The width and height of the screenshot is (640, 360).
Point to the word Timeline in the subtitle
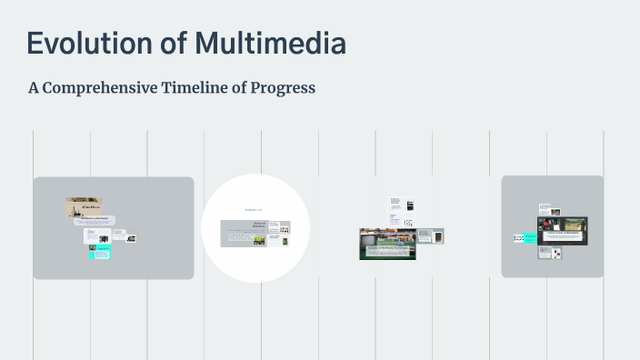(200, 88)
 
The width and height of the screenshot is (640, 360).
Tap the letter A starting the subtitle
(34, 88)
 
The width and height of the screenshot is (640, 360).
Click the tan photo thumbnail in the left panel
(83, 207)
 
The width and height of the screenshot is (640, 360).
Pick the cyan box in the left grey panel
(99, 253)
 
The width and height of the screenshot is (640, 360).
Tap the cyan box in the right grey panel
(518, 238)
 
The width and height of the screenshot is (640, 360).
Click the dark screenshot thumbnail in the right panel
(565, 231)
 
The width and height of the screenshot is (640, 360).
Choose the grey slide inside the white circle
(255, 233)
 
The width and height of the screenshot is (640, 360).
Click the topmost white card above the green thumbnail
(395, 202)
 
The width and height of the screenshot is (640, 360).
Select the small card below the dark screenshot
(555, 254)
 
